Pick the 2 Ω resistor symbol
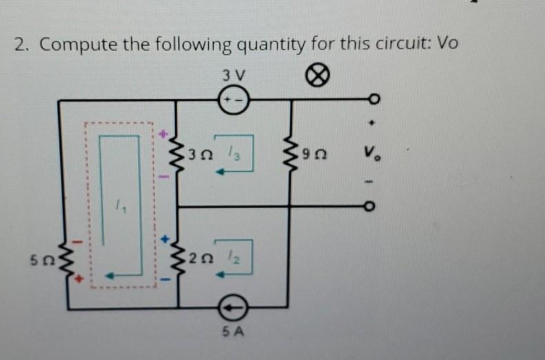[x=178, y=259]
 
